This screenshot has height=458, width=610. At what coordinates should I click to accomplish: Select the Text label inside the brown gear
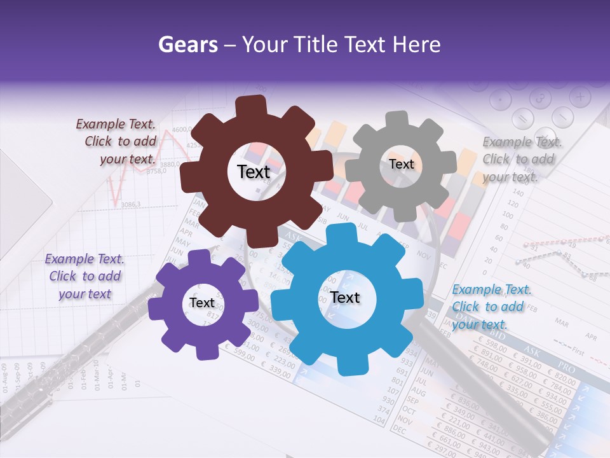[254, 172]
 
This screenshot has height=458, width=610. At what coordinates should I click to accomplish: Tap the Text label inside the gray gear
[401, 164]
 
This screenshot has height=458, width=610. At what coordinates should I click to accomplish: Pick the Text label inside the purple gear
[201, 303]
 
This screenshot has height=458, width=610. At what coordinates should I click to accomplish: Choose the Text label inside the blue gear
[344, 297]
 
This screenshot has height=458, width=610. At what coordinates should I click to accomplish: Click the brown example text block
[116, 141]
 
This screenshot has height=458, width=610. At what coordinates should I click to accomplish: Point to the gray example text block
[518, 159]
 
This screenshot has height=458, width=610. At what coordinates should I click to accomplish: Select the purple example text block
[85, 276]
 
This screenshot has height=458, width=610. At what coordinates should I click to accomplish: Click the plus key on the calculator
[579, 97]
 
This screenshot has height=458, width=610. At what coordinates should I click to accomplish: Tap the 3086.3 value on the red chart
[130, 204]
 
